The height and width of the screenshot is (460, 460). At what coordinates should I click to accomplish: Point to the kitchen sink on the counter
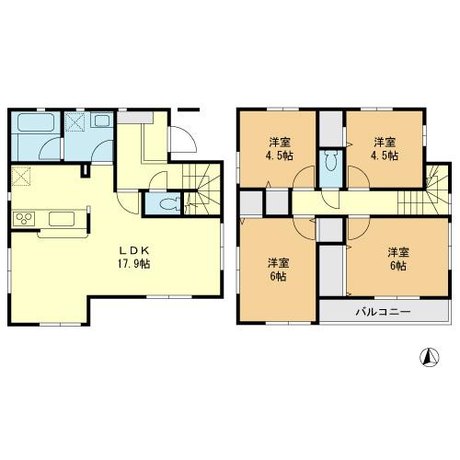tap(63, 219)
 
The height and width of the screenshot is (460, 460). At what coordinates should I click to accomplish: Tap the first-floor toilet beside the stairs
tap(167, 203)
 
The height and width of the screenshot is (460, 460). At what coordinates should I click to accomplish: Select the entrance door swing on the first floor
tap(185, 139)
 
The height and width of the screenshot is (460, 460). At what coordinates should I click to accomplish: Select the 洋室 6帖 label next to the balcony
tap(397, 258)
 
